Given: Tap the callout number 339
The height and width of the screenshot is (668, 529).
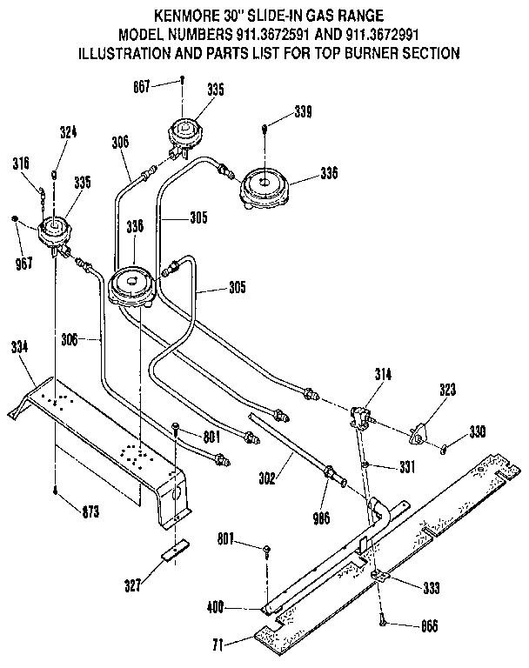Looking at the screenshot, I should pos(303,111).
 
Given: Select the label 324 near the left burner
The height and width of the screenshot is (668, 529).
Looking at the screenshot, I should pos(68,133).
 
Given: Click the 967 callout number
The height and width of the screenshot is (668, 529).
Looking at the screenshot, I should pos(24,263).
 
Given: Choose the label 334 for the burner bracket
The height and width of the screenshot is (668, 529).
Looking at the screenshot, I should pos(19,346).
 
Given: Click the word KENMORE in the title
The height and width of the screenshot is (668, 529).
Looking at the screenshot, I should pos(184,15).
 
